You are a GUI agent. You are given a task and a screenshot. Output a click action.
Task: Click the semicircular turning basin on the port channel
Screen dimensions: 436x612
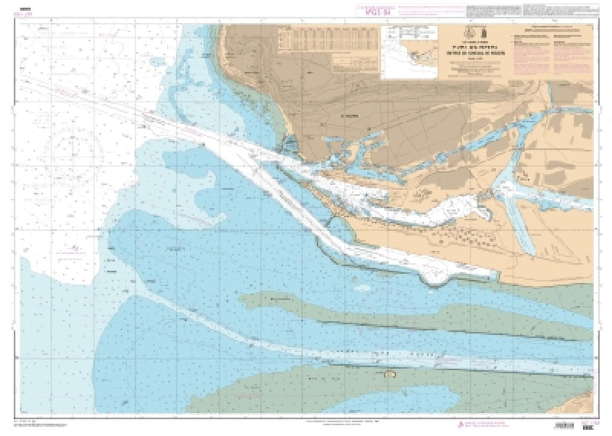pos(438,275)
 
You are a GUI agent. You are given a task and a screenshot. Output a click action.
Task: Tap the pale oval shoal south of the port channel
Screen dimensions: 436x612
pos(361,288)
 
